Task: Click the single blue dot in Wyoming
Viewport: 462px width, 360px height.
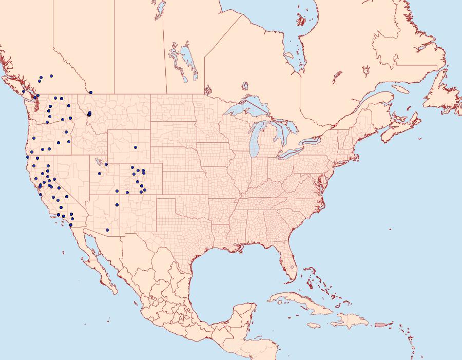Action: (x=136, y=147)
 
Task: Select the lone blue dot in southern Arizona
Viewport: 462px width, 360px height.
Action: (x=107, y=230)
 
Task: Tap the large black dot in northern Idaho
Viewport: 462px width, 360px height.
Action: (x=89, y=114)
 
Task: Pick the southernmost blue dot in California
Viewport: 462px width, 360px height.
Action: (x=71, y=225)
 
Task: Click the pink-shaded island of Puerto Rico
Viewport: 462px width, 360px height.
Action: (x=380, y=324)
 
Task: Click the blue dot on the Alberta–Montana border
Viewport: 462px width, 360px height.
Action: (x=91, y=92)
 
